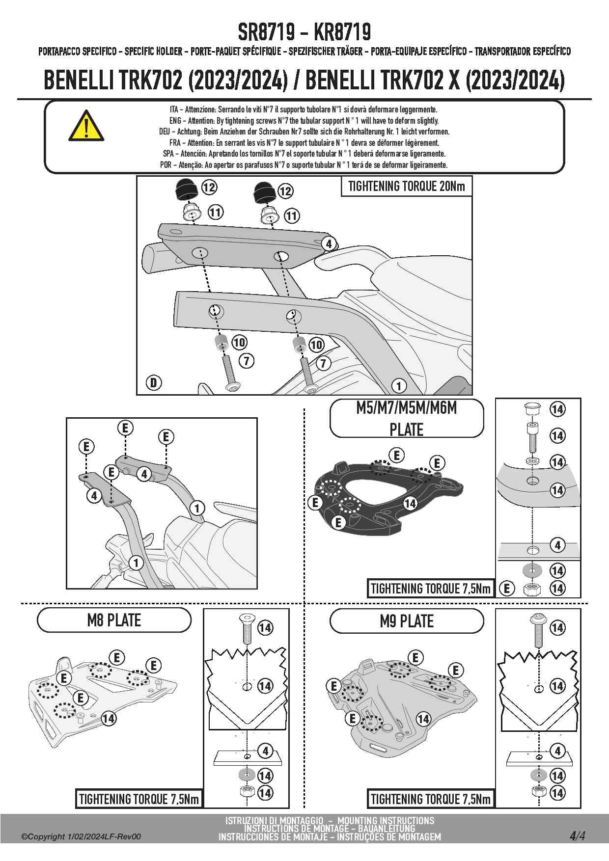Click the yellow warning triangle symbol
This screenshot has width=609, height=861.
point(86,126)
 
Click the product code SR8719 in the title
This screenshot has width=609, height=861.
point(266,32)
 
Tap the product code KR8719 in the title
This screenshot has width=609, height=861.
point(342,32)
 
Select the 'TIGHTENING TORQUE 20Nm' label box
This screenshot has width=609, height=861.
point(406,187)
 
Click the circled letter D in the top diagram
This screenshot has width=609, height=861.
point(154,382)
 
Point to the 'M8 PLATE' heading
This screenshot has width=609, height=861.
point(114,620)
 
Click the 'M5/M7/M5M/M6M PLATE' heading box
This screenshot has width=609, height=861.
point(407,418)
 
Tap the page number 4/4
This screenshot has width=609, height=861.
point(577,836)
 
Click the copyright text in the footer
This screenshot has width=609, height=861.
point(81,837)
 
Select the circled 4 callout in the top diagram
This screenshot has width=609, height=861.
point(329,243)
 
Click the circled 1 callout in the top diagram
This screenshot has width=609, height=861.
point(399,386)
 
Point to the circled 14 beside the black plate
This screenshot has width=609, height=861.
point(410,503)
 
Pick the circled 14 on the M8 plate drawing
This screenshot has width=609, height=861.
point(109,719)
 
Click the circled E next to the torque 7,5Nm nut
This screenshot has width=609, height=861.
point(507,588)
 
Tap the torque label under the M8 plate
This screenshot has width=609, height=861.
point(139,799)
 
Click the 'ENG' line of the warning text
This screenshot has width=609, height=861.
point(304,121)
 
